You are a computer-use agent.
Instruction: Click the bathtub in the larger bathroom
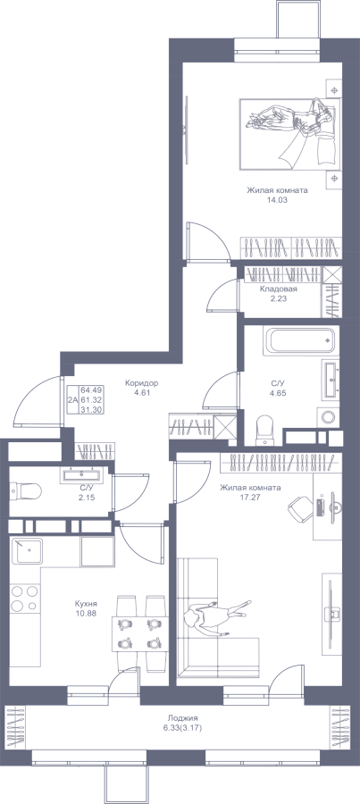pyautogui.click(x=301, y=340)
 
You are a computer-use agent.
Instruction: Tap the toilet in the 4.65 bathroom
pyautogui.click(x=265, y=429)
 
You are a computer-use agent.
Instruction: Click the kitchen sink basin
pyautogui.click(x=28, y=552)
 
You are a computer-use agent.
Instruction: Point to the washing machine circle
pyautogui.click(x=328, y=416)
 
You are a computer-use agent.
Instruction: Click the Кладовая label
pyautogui.click(x=279, y=289)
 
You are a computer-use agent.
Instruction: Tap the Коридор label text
pyautogui.click(x=141, y=383)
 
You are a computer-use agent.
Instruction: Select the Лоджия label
pyautogui.click(x=182, y=718)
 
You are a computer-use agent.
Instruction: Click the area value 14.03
pyautogui.click(x=278, y=200)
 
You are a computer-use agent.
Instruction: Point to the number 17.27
pyautogui.click(x=250, y=497)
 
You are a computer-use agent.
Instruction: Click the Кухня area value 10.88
pyautogui.click(x=85, y=613)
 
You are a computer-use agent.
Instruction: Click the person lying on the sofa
pyautogui.click(x=218, y=616)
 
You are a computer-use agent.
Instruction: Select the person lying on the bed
pyautogui.click(x=289, y=127)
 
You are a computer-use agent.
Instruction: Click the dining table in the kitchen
pyautogui.click(x=138, y=633)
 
